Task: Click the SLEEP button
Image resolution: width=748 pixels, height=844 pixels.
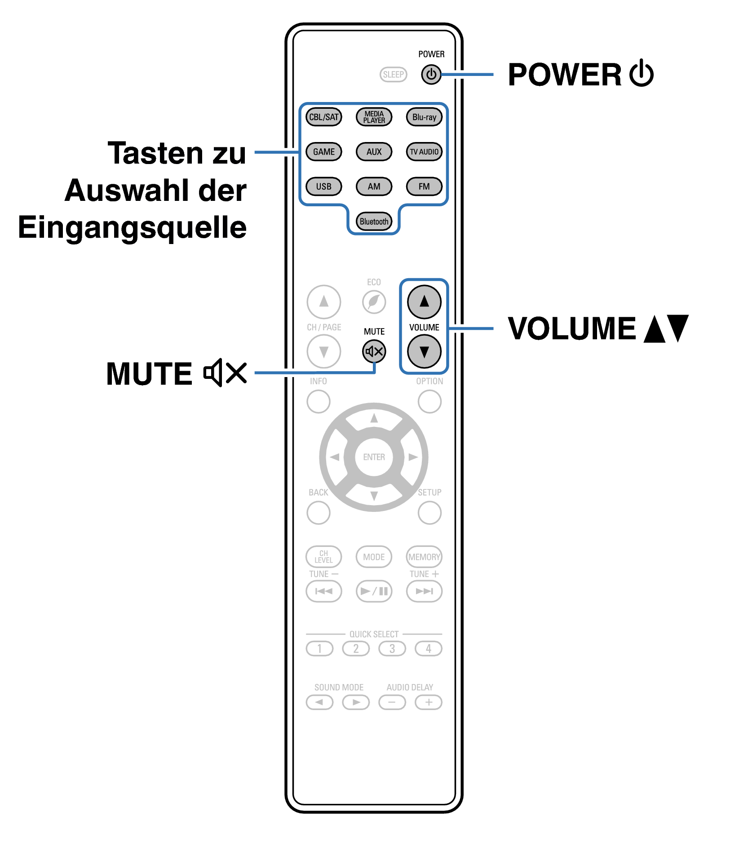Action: tap(393, 75)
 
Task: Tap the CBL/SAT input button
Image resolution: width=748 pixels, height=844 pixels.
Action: tap(323, 117)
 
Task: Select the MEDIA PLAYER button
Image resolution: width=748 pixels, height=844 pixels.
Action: tap(374, 117)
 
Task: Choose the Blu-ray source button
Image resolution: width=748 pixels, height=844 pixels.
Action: tap(424, 117)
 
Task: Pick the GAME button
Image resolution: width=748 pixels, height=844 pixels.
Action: tap(323, 152)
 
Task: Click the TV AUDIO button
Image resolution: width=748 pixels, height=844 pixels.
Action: tap(424, 152)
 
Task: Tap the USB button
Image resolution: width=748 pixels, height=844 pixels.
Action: tap(323, 187)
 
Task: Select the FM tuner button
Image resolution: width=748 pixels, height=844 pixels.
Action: tap(424, 187)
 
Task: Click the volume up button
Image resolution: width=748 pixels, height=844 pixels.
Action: tap(424, 302)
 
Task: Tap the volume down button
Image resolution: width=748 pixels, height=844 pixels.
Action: tap(424, 351)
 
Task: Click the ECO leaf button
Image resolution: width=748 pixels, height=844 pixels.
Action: tap(374, 302)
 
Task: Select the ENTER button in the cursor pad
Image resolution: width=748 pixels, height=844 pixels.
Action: tap(374, 457)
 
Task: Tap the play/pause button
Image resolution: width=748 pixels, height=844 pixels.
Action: tap(374, 591)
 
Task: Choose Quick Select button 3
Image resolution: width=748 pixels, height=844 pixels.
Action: tap(392, 649)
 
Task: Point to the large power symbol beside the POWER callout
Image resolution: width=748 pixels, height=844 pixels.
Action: tap(641, 73)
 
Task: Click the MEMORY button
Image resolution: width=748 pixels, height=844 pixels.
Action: tap(424, 557)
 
